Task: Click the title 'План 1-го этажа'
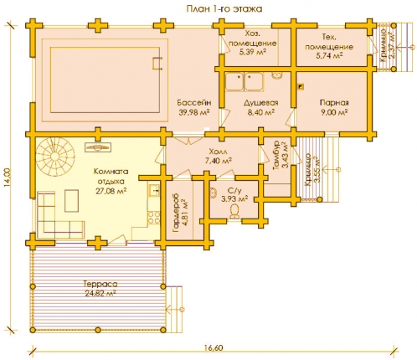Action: (224, 9)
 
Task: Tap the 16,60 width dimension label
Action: (214, 348)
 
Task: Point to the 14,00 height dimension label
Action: (8, 177)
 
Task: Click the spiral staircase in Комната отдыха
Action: (55, 158)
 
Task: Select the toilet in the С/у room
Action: (235, 211)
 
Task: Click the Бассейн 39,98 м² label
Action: (194, 107)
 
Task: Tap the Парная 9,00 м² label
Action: (334, 107)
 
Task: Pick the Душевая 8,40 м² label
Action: (261, 107)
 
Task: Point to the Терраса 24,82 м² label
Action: (100, 289)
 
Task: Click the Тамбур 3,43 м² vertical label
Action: (280, 155)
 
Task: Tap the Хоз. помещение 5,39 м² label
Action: (253, 43)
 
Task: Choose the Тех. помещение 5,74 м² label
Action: (329, 46)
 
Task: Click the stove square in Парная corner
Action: (301, 87)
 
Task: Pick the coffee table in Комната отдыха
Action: (71, 201)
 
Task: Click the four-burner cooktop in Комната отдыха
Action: (154, 218)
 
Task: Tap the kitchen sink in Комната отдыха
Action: (153, 191)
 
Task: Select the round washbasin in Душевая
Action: (277, 75)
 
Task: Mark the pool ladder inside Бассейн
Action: (157, 64)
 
